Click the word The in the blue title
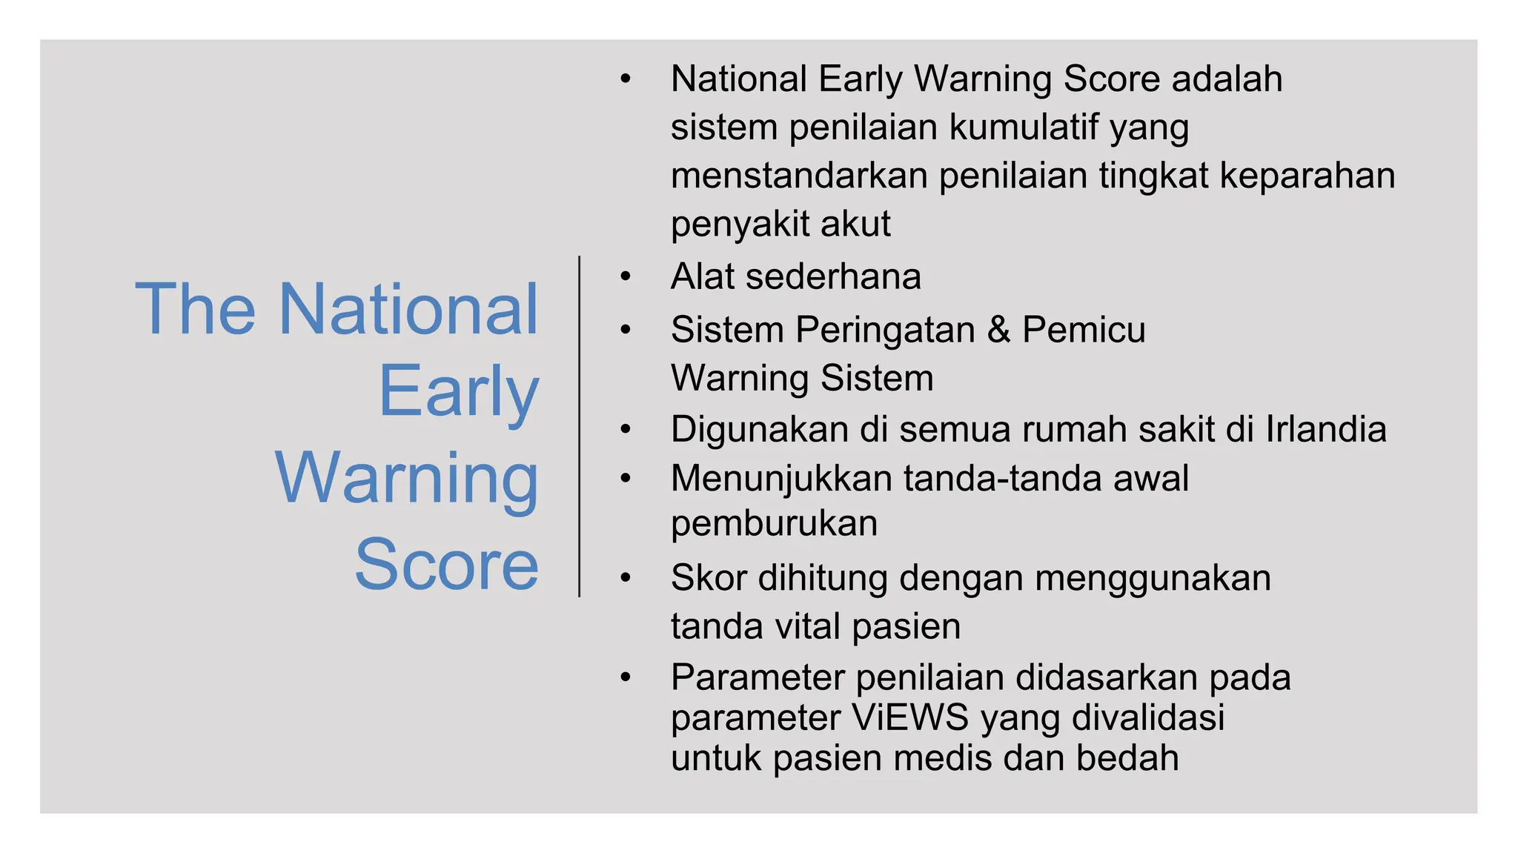click(x=195, y=309)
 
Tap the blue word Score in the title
click(x=446, y=565)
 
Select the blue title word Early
click(x=458, y=393)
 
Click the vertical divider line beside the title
click(x=579, y=426)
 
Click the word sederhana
click(x=833, y=277)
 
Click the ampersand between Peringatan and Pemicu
click(x=998, y=330)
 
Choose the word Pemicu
click(x=1084, y=330)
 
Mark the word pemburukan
click(x=774, y=524)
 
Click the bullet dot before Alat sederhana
click(x=626, y=277)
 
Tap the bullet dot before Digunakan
click(x=626, y=430)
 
